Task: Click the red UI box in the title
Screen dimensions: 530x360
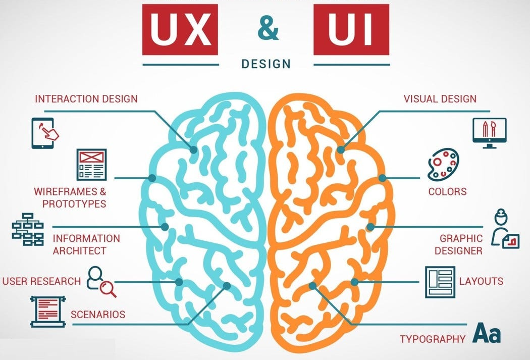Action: (x=351, y=30)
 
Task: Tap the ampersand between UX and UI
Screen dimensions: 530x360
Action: (x=268, y=30)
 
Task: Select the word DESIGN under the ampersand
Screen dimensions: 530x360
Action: (x=266, y=64)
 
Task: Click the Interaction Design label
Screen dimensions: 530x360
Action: (x=86, y=98)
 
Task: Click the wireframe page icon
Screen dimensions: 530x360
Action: (x=91, y=164)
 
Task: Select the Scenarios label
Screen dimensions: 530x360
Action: (x=97, y=314)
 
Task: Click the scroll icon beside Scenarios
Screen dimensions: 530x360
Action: (x=48, y=312)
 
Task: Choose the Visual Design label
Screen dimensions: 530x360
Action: (x=440, y=98)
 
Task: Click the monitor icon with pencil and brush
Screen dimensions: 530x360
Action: (x=489, y=132)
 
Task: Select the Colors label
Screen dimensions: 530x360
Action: (x=447, y=192)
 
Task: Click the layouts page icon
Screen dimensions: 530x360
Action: (x=440, y=282)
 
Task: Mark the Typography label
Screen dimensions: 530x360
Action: (x=432, y=339)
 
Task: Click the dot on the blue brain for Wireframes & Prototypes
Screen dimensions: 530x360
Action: (x=152, y=178)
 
